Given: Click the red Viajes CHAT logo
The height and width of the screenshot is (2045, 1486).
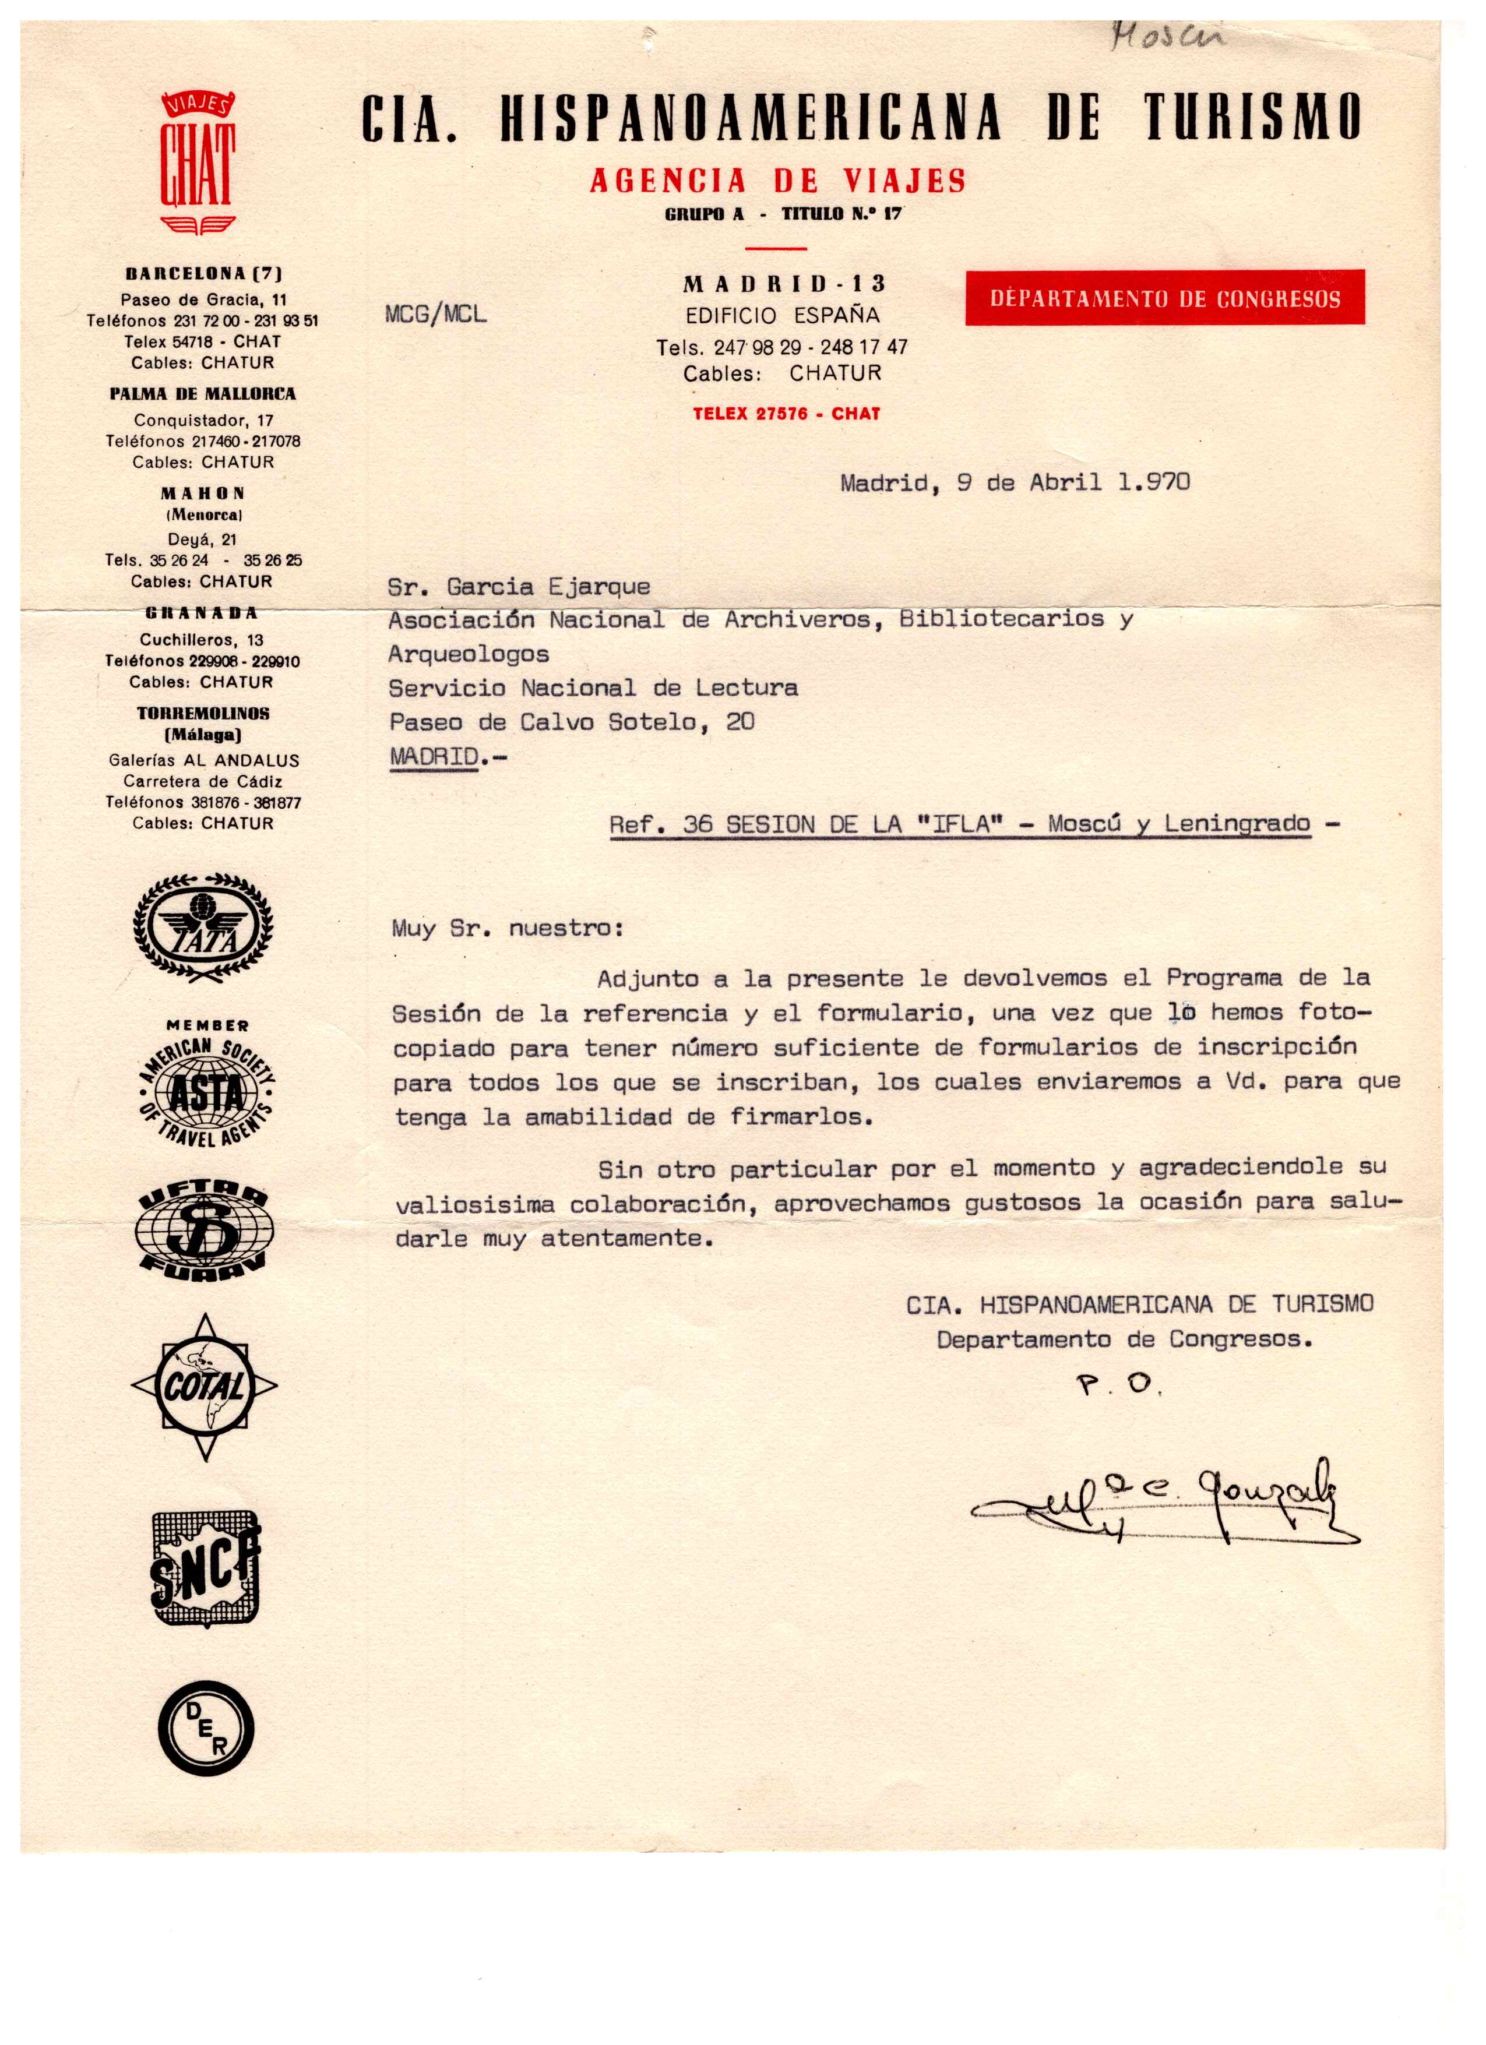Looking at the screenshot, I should [198, 163].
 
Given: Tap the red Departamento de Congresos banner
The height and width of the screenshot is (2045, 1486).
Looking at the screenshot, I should [1164, 298].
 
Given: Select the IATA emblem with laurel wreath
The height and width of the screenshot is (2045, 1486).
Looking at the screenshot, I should [203, 926].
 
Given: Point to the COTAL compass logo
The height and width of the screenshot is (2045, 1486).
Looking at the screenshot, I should [205, 1386].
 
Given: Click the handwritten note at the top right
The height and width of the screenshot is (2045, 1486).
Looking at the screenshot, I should [1168, 36].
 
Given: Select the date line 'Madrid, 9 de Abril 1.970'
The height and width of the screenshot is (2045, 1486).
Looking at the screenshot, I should [1015, 482].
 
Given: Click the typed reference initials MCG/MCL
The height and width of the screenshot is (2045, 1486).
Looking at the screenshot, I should [435, 314].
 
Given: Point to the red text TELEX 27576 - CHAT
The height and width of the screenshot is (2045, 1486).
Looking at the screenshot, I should [786, 414].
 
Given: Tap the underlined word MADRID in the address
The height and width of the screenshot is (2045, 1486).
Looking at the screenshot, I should [434, 756].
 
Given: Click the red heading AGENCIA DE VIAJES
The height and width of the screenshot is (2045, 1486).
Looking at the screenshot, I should [777, 181].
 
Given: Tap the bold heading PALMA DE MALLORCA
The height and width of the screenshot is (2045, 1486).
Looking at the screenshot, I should [203, 394].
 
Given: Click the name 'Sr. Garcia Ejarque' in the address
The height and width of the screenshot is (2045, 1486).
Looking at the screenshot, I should [519, 587].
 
